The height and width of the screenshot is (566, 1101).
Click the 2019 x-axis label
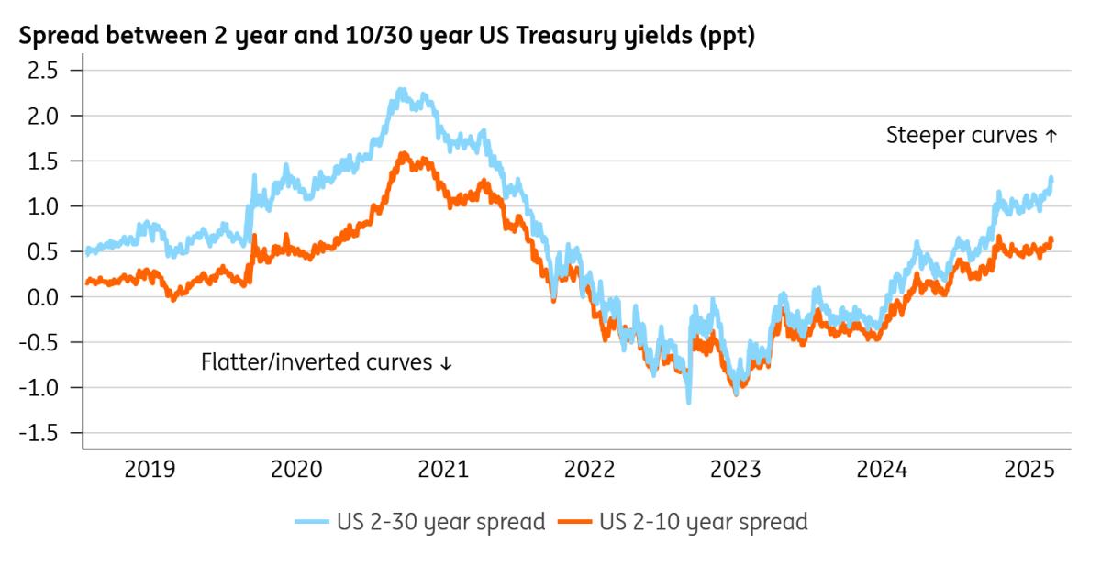tap(150, 470)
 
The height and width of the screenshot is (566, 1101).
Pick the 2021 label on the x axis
tap(443, 470)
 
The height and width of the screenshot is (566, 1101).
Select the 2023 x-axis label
tap(736, 470)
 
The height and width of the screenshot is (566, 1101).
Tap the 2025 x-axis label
tap(1029, 470)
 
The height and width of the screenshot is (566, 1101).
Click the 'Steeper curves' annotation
tap(962, 136)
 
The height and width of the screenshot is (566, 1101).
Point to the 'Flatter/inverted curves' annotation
tap(316, 362)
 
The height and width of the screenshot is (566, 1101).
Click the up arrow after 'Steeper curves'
tap(1051, 137)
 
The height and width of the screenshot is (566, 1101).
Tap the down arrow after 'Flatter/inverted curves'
tap(447, 363)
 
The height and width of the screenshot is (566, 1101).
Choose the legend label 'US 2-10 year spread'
tap(704, 522)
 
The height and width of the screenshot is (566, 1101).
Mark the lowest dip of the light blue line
tap(688, 401)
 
